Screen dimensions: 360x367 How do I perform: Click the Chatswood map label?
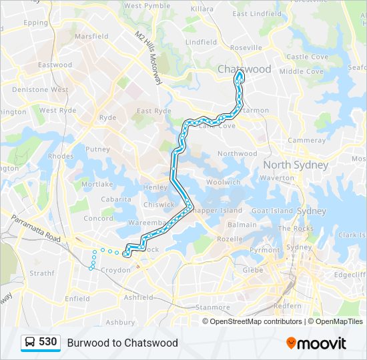[244, 69]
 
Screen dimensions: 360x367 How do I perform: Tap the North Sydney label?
[296, 165]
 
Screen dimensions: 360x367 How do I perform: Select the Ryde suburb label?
[107, 117]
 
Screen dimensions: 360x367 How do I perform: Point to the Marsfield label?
[91, 37]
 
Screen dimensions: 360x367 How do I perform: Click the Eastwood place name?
[55, 65]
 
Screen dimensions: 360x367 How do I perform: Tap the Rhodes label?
[61, 157]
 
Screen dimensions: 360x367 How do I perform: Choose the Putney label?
[97, 149]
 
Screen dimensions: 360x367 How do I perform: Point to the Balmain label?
[242, 225]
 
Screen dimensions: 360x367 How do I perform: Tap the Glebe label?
[253, 270]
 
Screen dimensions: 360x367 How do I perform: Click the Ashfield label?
[138, 297]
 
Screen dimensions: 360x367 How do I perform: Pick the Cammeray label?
[306, 141]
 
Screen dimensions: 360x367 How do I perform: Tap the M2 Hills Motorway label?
[149, 57]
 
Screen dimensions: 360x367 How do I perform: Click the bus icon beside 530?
[30, 342]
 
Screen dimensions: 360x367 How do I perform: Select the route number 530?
[47, 342]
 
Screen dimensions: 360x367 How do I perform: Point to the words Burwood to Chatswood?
[122, 343]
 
